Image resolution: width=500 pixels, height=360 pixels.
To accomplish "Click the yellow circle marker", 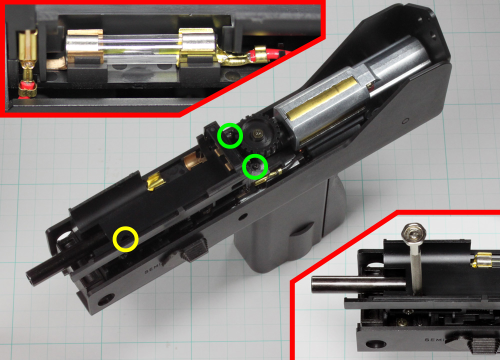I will point(125,238).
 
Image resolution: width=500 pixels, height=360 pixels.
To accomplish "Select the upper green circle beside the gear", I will point(230,135).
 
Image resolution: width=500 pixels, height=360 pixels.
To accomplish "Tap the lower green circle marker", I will point(255,166).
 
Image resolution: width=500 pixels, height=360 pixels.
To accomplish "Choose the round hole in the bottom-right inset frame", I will point(376,344).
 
